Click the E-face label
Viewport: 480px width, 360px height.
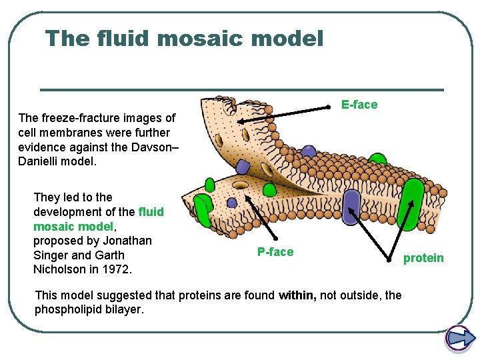click(x=359, y=105)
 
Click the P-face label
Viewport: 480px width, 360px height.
click(x=275, y=251)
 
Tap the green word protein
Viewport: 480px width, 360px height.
click(x=423, y=258)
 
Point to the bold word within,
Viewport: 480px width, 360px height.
click(x=298, y=295)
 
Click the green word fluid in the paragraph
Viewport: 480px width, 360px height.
click(x=151, y=211)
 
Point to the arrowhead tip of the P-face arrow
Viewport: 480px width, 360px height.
click(x=247, y=195)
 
